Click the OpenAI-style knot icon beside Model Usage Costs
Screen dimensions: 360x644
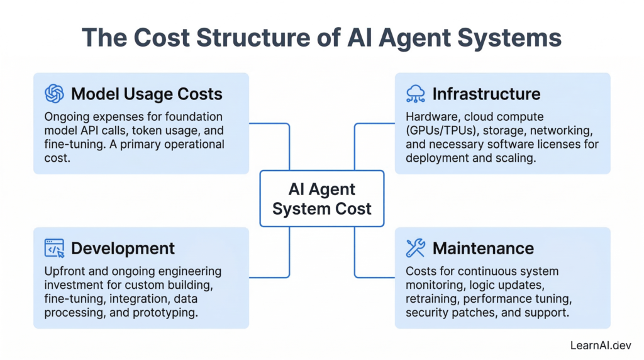pyautogui.click(x=55, y=94)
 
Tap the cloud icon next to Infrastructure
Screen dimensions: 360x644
pyautogui.click(x=416, y=94)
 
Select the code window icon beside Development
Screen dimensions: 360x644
pyautogui.click(x=55, y=248)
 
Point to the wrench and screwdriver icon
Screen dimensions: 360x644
pyautogui.click(x=416, y=248)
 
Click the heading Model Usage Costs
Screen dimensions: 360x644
pyautogui.click(x=147, y=94)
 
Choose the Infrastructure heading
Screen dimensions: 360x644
pyautogui.click(x=486, y=94)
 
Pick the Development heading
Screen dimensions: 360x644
pyautogui.click(x=123, y=248)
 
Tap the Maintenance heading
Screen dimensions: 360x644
pyautogui.click(x=483, y=248)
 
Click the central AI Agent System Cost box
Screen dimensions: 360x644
pyautogui.click(x=321, y=198)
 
